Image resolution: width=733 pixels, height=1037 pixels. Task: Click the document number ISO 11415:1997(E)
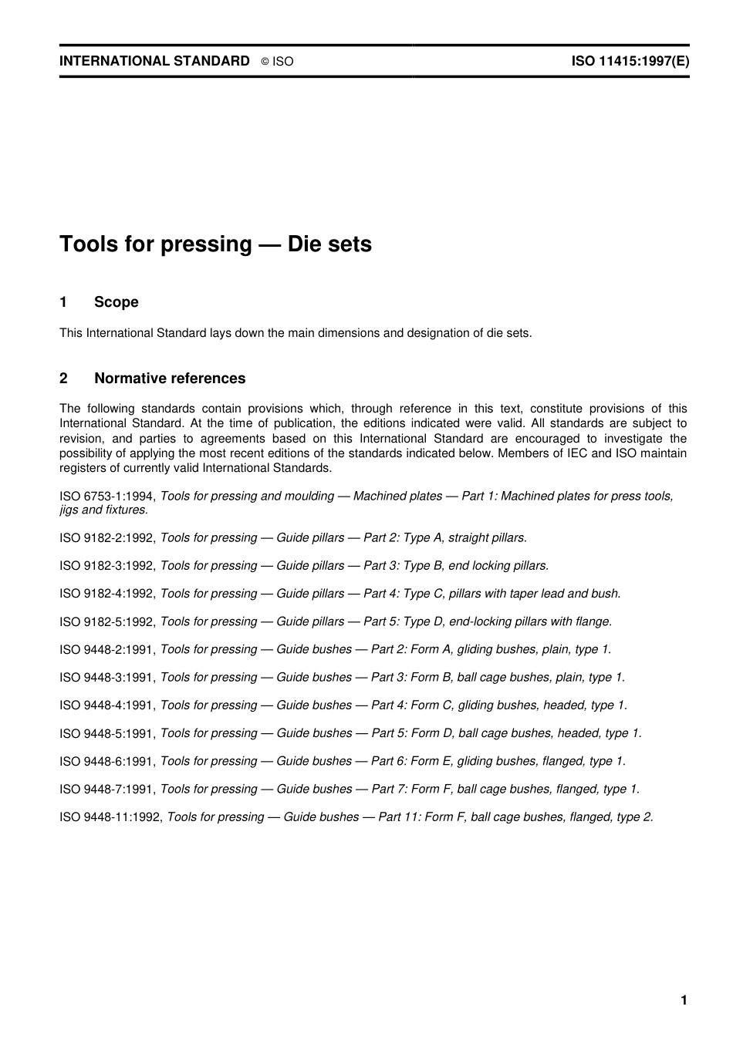[x=630, y=61]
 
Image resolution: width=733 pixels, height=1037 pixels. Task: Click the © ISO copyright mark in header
[x=277, y=62]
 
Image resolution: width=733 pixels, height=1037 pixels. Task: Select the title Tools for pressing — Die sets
[x=215, y=244]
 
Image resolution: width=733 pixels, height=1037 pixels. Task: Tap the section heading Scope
[x=116, y=302]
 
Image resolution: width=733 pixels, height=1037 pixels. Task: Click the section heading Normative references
[x=169, y=379]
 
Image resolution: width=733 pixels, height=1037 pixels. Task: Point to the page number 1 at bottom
[x=684, y=1001]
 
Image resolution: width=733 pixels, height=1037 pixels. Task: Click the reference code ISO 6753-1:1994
[x=107, y=497]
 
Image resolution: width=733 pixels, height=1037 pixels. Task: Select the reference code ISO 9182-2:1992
[x=107, y=538]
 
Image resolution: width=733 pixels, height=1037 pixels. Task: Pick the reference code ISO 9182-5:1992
[x=107, y=621]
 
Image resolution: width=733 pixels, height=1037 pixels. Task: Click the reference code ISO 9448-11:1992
[x=110, y=817]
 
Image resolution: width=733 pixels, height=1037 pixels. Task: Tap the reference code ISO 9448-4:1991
[x=107, y=705]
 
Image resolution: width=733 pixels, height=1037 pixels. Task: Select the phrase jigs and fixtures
[x=103, y=510]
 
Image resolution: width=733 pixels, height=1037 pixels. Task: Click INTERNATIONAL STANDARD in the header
[x=154, y=61]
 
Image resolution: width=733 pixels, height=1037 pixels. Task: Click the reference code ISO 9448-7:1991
[x=107, y=790]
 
